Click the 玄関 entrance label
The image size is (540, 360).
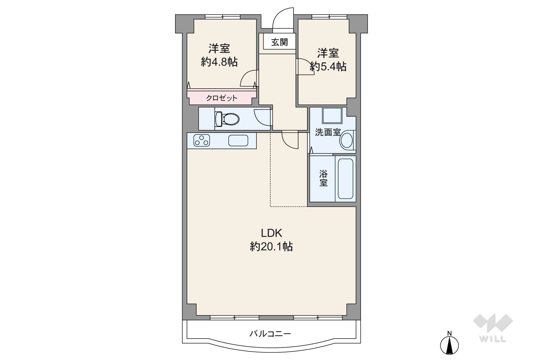280,42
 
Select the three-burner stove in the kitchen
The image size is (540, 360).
201,140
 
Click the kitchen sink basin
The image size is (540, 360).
238,140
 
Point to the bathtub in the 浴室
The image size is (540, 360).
345,178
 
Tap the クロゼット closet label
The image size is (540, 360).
222,98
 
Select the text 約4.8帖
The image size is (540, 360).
219,62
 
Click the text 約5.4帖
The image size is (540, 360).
328,66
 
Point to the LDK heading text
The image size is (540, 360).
271,233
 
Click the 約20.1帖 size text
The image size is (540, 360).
271,247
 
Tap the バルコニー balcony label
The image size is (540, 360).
270,334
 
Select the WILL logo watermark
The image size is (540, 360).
493,328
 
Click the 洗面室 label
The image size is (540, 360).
328,132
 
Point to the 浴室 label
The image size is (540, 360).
323,178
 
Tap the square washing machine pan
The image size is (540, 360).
332,115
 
